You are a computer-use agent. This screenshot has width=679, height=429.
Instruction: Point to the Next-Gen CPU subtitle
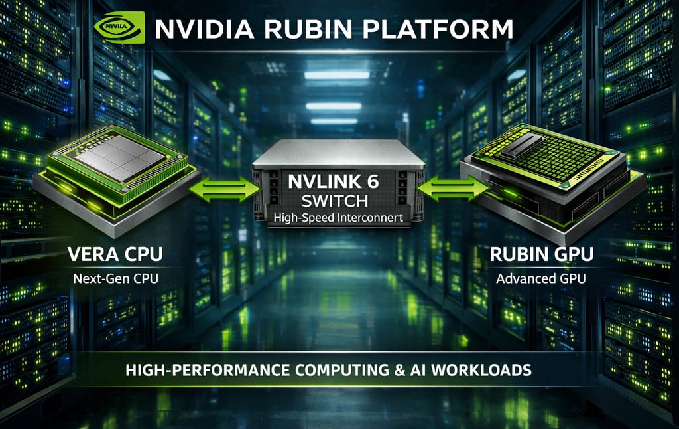(x=116, y=279)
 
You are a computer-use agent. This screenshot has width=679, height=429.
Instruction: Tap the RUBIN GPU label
(x=540, y=254)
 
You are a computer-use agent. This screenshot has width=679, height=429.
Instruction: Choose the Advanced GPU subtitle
(x=540, y=279)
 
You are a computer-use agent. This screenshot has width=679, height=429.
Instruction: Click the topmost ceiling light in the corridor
(x=337, y=75)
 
